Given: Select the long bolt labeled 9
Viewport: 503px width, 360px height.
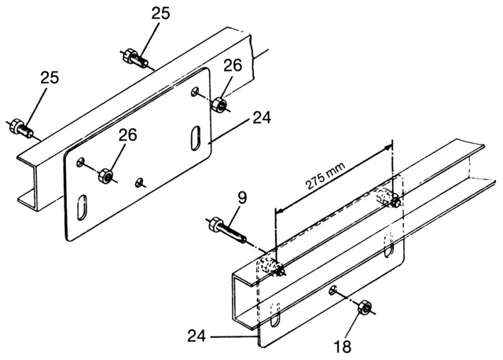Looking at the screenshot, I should coord(226,230).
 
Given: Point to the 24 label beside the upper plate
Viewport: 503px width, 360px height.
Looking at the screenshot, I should coord(261,119).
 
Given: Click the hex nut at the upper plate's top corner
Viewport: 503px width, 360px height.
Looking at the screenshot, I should coord(221,103).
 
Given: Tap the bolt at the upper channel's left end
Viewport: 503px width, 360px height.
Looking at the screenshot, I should coord(20,125).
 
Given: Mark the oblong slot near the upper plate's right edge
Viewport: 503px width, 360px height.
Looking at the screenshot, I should coord(194,136).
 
